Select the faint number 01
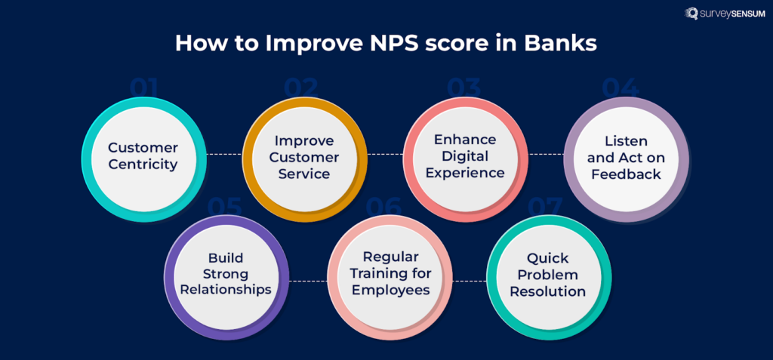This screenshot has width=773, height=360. point(143,88)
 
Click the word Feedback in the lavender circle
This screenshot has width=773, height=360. point(626,174)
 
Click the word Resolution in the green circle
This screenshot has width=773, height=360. point(548,291)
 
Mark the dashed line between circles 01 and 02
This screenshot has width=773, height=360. point(223,154)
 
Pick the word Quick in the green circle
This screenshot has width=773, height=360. point(548,257)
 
